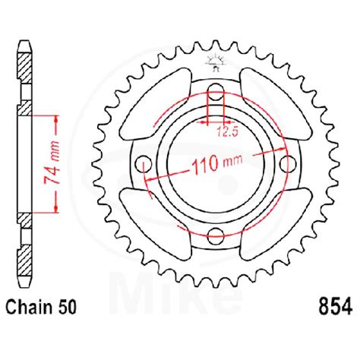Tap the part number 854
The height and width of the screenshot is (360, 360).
[333, 307]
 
